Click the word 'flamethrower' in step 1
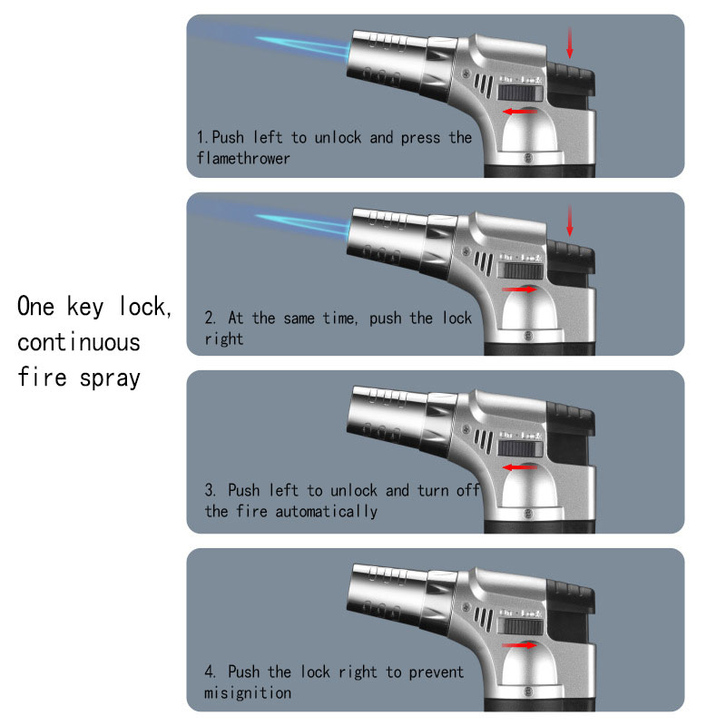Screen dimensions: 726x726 click(x=243, y=158)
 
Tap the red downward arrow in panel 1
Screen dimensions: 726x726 click(x=570, y=43)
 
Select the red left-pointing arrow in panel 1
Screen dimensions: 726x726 click(x=519, y=112)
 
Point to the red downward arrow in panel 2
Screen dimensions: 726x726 click(x=570, y=221)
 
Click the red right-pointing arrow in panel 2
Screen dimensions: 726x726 click(x=519, y=289)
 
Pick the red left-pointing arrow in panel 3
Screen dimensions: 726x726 click(x=519, y=467)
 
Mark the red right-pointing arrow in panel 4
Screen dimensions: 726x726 click(x=519, y=645)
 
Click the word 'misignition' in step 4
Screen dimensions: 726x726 click(x=248, y=692)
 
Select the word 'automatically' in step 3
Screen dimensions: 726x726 click(x=327, y=511)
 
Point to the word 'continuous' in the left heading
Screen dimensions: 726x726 click(x=79, y=343)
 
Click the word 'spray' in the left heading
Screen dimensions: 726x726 click(x=110, y=378)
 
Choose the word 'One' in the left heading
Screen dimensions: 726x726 click(x=35, y=306)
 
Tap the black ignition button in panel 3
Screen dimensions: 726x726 click(x=571, y=419)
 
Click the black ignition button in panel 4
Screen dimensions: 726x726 click(x=571, y=597)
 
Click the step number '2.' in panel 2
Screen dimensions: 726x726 click(x=210, y=319)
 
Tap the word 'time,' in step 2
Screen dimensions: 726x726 click(x=339, y=319)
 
